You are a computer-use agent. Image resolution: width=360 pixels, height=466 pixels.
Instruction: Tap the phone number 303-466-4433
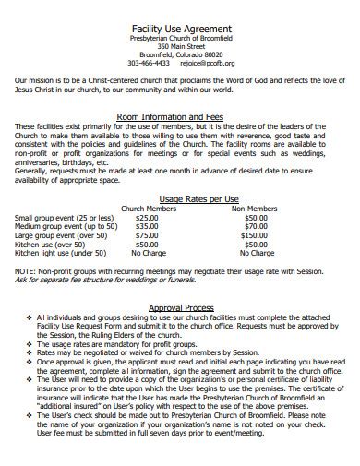148,64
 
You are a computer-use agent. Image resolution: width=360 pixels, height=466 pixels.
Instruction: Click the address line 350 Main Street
180,45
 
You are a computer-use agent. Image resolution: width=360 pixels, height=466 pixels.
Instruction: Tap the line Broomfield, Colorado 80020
180,54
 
